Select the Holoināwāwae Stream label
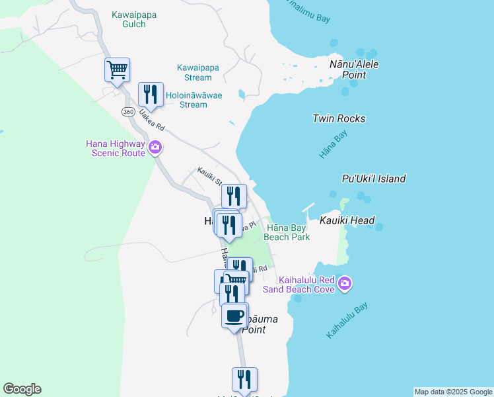click(194, 99)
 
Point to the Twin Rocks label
click(339, 119)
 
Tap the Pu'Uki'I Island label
click(374, 179)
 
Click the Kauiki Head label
click(347, 221)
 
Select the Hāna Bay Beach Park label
click(287, 232)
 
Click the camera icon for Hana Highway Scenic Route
click(155, 147)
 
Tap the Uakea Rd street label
click(151, 121)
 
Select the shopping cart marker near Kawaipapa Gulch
click(117, 69)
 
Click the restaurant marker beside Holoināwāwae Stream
click(151, 94)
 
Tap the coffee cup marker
click(234, 315)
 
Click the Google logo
click(22, 389)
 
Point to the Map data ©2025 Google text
click(453, 392)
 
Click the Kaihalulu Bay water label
click(347, 321)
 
